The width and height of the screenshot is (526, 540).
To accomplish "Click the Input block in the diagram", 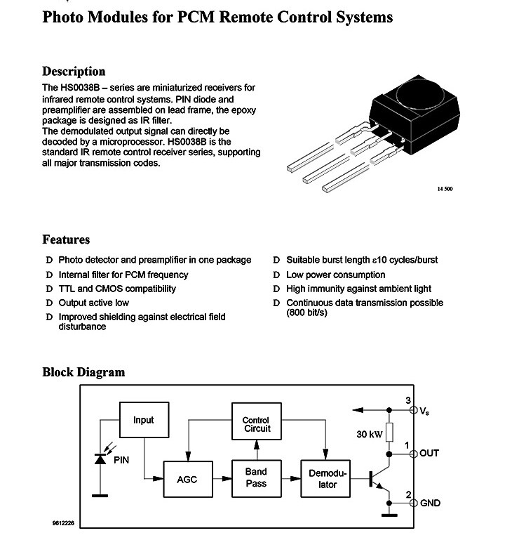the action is pos(144,420).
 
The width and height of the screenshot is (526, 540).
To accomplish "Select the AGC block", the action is pos(188,479).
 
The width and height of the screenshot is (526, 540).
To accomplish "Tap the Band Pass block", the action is pos(256,478).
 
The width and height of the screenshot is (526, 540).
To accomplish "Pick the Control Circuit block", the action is pos(256,421).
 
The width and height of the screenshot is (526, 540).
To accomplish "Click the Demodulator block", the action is pos(325,479).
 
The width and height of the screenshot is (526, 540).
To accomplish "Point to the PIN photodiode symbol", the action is pos(100,459).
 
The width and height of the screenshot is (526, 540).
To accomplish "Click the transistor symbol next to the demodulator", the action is pos(379,479).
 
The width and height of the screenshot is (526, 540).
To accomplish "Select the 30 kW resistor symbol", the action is pos(389,432).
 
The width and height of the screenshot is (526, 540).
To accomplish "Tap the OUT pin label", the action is pos(429,453).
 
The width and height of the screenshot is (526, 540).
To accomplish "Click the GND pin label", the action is pos(430,503).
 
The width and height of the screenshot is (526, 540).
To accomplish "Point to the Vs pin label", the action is pos(424,411).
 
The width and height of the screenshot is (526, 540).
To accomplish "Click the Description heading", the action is pos(74,72).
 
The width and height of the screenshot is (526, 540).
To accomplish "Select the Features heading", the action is pos(66,239).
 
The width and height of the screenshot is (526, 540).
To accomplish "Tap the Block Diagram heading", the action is pos(83,372).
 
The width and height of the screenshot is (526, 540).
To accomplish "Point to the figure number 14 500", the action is pos(445,189).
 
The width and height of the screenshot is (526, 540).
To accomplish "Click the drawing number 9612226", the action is pos(63,522).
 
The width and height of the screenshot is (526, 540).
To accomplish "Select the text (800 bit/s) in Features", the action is pos(306,312).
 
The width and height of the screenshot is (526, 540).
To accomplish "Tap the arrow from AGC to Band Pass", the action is pos(222,479).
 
